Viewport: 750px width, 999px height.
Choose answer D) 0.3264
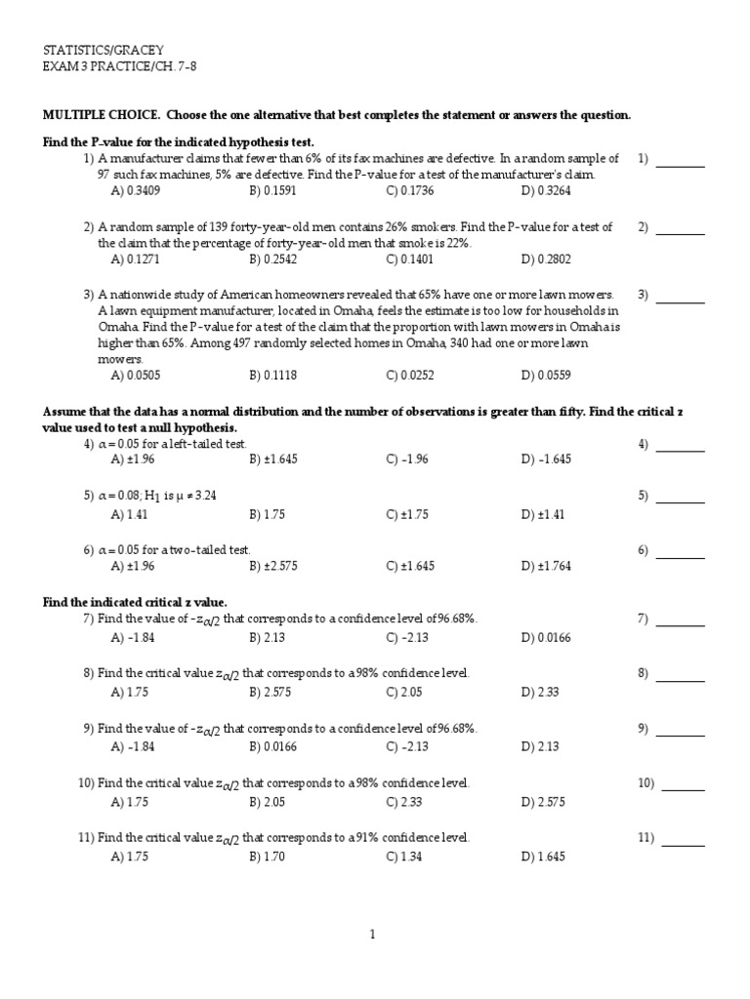pyautogui.click(x=546, y=190)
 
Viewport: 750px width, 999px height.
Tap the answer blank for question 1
pyautogui.click(x=680, y=159)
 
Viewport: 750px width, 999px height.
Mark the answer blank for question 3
pyautogui.click(x=680, y=295)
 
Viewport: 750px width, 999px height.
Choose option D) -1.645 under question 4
pyautogui.click(x=546, y=459)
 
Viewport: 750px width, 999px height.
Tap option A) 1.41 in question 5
pyautogui.click(x=130, y=514)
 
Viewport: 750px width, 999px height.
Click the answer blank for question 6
pyautogui.click(x=680, y=551)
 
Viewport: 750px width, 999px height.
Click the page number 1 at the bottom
pyautogui.click(x=372, y=935)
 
